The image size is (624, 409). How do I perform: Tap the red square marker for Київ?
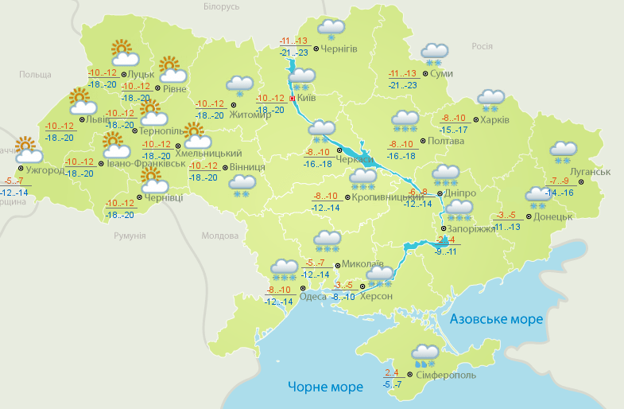coord(293,99)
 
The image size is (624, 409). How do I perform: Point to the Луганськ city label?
coord(590,172)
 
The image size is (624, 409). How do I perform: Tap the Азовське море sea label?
coord(496,319)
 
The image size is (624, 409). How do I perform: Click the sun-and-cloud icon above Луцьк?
coord(123,53)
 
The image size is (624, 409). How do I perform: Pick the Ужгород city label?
coord(45,170)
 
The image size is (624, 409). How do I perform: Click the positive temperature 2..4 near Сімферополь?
coord(391,373)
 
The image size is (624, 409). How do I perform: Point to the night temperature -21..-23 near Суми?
coord(404,85)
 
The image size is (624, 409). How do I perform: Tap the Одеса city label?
coord(313,296)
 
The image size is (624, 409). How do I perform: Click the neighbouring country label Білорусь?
coord(221,7)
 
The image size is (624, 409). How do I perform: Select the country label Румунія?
coord(130,236)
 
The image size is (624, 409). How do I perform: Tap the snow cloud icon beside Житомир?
coord(239,86)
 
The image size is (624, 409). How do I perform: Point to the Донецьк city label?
coord(553,216)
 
